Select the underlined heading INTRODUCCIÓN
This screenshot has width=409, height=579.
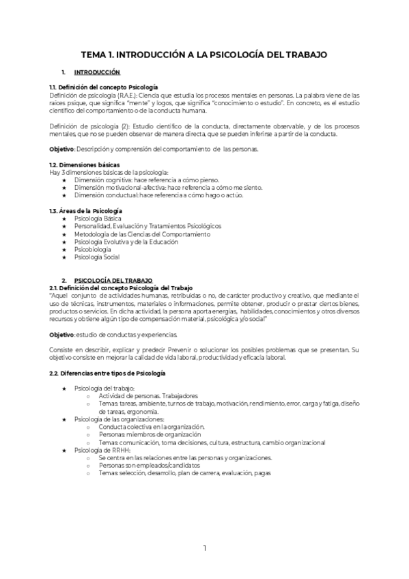pyautogui.click(x=97, y=72)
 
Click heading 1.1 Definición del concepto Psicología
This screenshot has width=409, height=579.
pyautogui.click(x=104, y=87)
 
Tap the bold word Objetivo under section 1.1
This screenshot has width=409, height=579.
pyautogui.click(x=62, y=148)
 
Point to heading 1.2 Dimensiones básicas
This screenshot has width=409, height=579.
pyautogui.click(x=85, y=165)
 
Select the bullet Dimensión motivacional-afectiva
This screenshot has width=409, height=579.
pyautogui.click(x=154, y=187)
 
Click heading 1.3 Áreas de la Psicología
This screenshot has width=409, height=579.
pyautogui.click(x=86, y=211)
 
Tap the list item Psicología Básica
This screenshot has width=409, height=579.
pyautogui.click(x=102, y=218)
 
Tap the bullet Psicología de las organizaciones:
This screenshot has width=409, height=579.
pyautogui.click(x=119, y=419)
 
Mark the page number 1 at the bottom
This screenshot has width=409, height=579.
pyautogui.click(x=204, y=548)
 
